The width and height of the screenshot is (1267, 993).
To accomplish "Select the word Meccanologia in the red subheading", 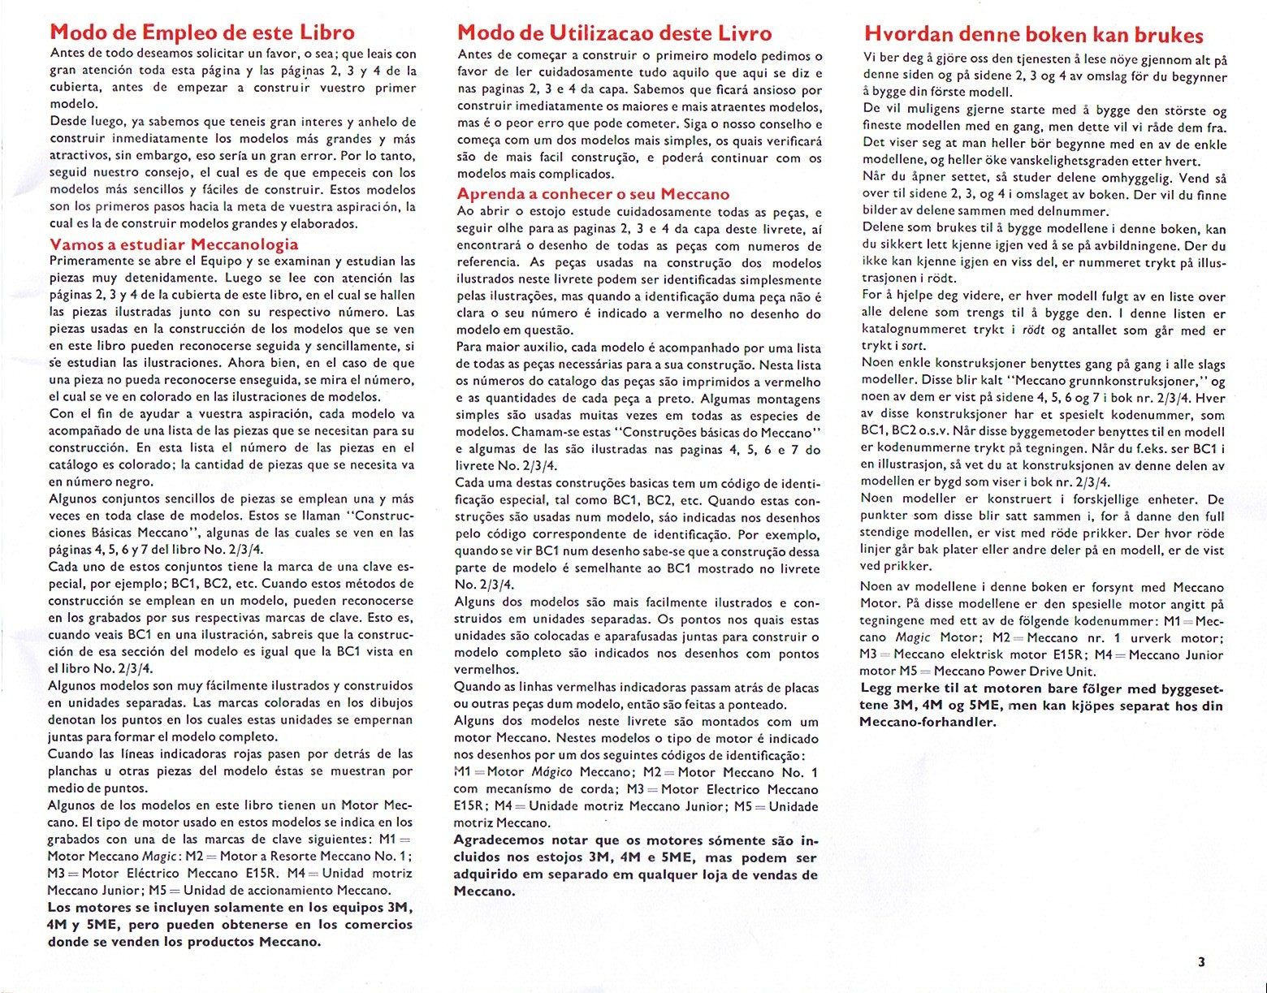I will pyautogui.click(x=244, y=244).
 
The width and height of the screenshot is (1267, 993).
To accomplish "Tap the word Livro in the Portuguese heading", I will pyautogui.click(x=742, y=34).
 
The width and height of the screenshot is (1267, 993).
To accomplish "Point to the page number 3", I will pyautogui.click(x=1201, y=962).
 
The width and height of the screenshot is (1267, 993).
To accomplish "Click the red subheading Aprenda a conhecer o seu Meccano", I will pyautogui.click(x=593, y=194).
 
